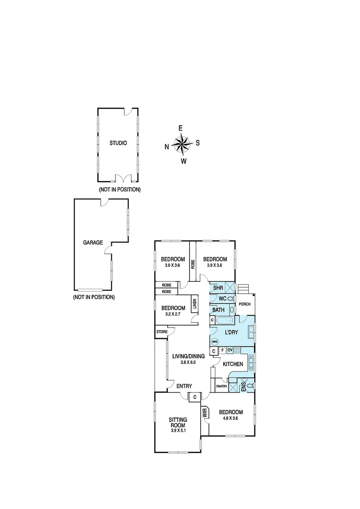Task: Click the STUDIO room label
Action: coord(118,143)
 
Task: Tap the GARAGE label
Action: coord(93,242)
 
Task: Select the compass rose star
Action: coord(182,144)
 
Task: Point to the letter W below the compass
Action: coord(184,161)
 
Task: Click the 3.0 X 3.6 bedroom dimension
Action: coord(172,265)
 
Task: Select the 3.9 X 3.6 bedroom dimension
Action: coord(214,265)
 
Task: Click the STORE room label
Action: coord(161,332)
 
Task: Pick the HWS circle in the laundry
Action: coord(214,342)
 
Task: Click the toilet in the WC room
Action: coord(230,299)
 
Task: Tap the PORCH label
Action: coord(245,304)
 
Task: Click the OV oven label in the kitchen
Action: coord(230,350)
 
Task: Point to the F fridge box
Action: coord(222,351)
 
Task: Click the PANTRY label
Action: coord(221,386)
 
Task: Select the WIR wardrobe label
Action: coord(205,412)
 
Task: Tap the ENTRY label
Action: coord(184,386)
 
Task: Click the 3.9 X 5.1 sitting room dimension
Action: coord(178,430)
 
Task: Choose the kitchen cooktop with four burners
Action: coord(237,350)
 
